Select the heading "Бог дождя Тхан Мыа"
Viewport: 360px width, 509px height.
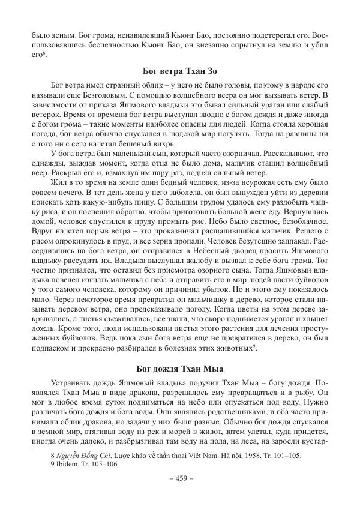pyautogui.click(x=180, y=367)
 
